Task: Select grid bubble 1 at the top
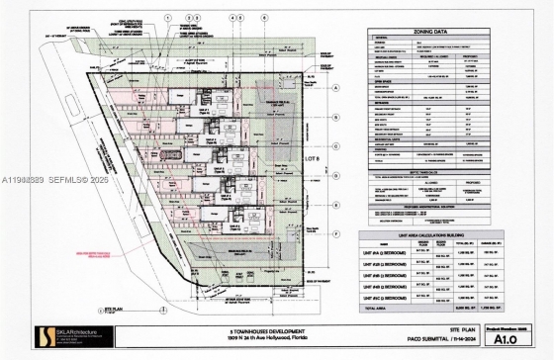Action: [x=168, y=17]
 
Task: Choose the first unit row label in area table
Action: [x=380, y=253]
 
